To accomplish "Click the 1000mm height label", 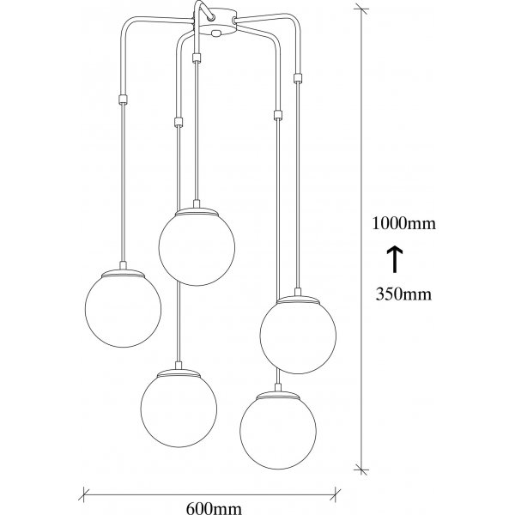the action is tap(403, 224).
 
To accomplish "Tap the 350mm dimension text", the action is tap(403, 294).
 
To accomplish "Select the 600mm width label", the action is tap(214, 508).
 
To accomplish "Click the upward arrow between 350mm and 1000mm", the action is tap(395, 259).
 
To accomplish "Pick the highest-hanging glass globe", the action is tap(197, 247).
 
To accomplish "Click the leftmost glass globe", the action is tap(123, 309).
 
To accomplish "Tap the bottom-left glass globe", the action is tap(179, 409).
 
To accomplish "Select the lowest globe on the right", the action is tap(278, 430).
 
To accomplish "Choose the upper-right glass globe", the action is tap(298, 335).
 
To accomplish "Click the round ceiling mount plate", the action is tap(218, 21).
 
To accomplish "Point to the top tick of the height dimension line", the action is tap(361, 9).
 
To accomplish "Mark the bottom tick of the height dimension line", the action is tap(361, 470).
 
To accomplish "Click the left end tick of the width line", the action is tap(84, 494).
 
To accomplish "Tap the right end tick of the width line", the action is tap(336, 494).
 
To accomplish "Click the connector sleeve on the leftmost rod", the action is tap(123, 100).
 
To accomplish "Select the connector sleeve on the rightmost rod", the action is tap(298, 78).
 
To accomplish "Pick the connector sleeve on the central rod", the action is tap(197, 58).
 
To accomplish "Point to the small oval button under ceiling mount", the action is tap(215, 33).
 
